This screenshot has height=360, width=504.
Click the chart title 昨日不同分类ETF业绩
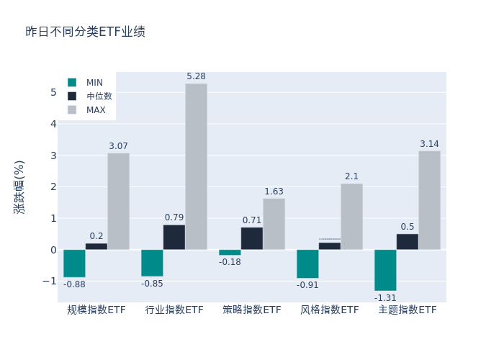pyautogui.click(x=85, y=32)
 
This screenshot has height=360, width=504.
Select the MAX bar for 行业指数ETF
pyautogui.click(x=196, y=166)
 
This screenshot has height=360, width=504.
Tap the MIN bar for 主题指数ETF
pyautogui.click(x=385, y=270)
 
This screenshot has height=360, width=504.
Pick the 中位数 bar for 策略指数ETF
pyautogui.click(x=252, y=238)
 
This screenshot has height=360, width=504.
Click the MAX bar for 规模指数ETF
pyautogui.click(x=118, y=202)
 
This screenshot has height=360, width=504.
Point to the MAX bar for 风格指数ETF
pyautogui.click(x=351, y=217)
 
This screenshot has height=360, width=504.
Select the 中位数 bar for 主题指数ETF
pyautogui.click(x=407, y=242)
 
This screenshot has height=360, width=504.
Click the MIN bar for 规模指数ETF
pyautogui.click(x=74, y=264)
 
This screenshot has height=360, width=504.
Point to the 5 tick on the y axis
pyautogui.click(x=53, y=92)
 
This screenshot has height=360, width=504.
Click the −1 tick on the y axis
pyautogui.click(x=50, y=281)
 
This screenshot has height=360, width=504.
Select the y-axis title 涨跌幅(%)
pyautogui.click(x=19, y=186)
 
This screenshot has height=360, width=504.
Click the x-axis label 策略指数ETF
pyautogui.click(x=252, y=310)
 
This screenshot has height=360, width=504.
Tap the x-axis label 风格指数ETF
pyautogui.click(x=330, y=310)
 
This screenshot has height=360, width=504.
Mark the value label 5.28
pyautogui.click(x=196, y=76)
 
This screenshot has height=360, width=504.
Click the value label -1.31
pyautogui.click(x=385, y=297)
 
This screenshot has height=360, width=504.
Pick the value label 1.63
pyautogui.click(x=274, y=192)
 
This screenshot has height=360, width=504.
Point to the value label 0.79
pyautogui.click(x=174, y=217)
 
